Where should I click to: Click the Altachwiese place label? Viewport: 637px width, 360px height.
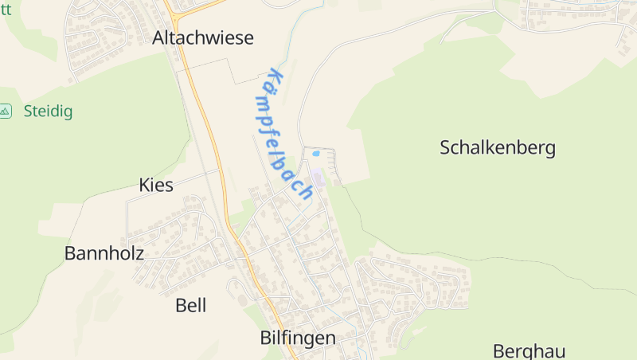(203, 37)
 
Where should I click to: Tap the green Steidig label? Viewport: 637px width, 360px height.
(48, 112)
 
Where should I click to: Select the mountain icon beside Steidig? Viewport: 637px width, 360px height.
(6, 111)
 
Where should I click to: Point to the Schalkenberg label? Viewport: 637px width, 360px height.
(498, 147)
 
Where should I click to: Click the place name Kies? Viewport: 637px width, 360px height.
(155, 186)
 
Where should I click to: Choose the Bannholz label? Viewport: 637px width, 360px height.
(104, 253)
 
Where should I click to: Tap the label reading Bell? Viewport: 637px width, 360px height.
(190, 305)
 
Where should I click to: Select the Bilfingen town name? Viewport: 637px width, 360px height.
(298, 338)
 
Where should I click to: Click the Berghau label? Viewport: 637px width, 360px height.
(529, 351)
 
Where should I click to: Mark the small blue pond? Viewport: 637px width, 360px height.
(316, 153)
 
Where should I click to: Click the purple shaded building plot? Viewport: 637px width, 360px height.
(318, 177)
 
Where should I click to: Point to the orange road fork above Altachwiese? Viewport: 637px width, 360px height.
(174, 12)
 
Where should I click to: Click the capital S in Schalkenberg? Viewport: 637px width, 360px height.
(446, 147)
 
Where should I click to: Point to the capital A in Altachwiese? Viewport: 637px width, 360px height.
(158, 37)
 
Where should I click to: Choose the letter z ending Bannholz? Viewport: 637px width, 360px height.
(139, 253)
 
